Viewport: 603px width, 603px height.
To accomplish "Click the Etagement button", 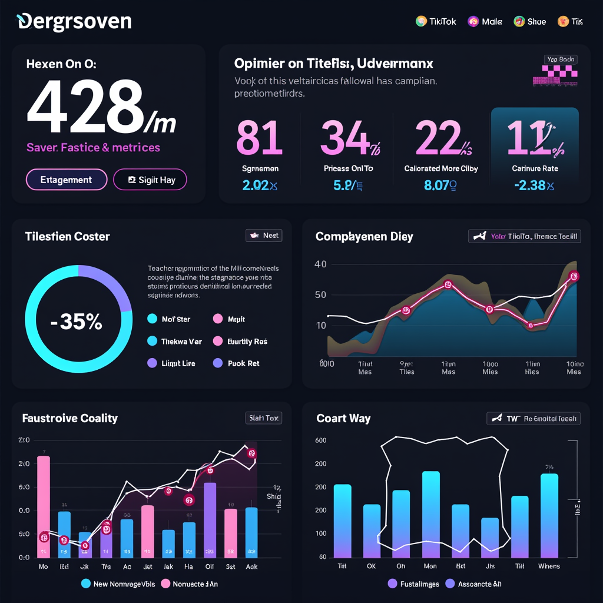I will point(67,180).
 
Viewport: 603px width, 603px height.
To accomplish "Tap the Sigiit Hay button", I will point(150,180).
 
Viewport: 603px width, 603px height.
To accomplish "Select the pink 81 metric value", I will point(259,138).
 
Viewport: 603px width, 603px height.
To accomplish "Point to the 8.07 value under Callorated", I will point(440,186).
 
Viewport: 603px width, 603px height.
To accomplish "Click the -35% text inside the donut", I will point(77,322).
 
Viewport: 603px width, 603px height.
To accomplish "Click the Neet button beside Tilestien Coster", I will point(264,236).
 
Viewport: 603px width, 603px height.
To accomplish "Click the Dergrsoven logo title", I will point(74,22).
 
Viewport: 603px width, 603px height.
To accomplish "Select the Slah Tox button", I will point(263,418).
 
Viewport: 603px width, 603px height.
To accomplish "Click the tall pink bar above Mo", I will point(44,506).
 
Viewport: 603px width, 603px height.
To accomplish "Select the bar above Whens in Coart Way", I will point(549,515).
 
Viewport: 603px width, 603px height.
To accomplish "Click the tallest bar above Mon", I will point(431,514).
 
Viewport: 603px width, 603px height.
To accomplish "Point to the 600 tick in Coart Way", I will point(321,440).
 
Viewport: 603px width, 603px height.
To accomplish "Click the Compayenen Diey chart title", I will point(365,237).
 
